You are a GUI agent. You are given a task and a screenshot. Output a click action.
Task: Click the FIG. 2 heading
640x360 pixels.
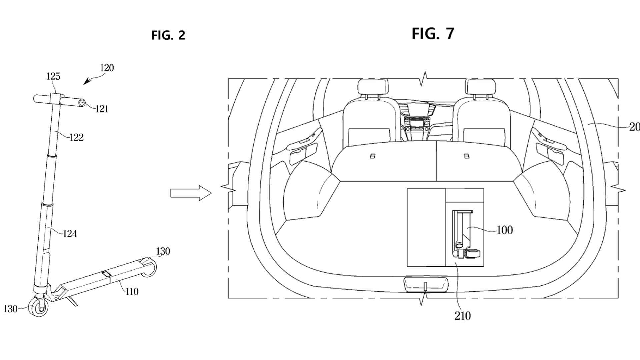click(x=168, y=35)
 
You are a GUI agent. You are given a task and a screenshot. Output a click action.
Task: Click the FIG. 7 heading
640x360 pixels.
click(x=433, y=33)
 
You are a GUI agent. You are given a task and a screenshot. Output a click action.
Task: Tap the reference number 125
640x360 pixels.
click(x=53, y=76)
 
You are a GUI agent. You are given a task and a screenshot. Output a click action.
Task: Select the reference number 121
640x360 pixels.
click(x=102, y=109)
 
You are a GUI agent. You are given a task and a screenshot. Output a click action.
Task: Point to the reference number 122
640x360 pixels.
click(x=76, y=137)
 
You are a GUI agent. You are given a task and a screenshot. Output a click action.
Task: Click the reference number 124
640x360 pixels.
click(x=70, y=234)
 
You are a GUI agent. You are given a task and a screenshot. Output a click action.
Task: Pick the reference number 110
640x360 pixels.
click(x=132, y=291)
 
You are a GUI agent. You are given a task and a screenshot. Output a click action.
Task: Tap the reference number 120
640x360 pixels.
click(x=107, y=68)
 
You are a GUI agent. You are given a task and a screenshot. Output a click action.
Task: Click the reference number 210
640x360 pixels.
click(x=463, y=316)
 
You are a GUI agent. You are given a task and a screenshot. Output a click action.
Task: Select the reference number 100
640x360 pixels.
click(x=505, y=230)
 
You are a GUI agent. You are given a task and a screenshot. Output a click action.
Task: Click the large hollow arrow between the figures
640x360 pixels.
click(x=191, y=193)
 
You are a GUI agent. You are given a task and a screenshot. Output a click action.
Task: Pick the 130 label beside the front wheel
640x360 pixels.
click(x=10, y=309)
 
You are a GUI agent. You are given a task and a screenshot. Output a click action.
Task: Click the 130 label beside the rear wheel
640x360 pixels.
click(x=163, y=251)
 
